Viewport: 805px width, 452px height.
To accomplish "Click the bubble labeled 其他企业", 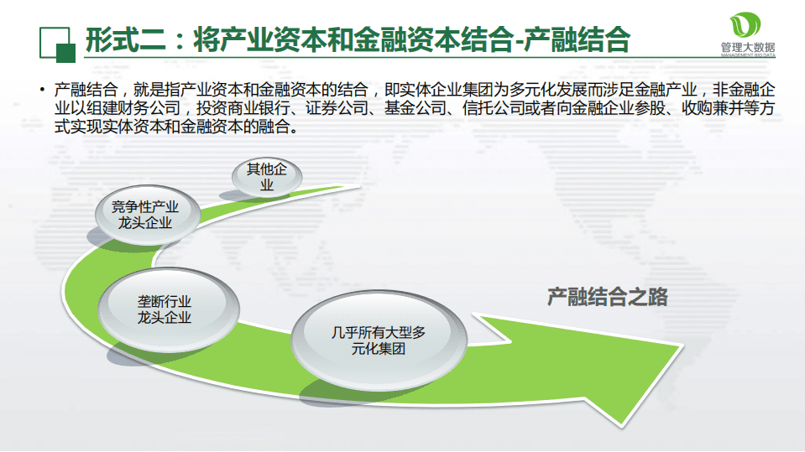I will coord(266,177).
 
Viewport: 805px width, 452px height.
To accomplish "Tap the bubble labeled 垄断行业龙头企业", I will coord(164,309).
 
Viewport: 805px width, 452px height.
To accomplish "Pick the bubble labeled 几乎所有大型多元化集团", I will coord(378,340).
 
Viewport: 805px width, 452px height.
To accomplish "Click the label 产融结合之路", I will coord(607,296).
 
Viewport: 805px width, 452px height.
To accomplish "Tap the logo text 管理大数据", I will coord(747,48).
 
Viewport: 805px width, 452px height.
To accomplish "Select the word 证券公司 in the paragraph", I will coord(347,109).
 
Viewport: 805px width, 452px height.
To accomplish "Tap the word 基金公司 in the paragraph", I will coord(415,109).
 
